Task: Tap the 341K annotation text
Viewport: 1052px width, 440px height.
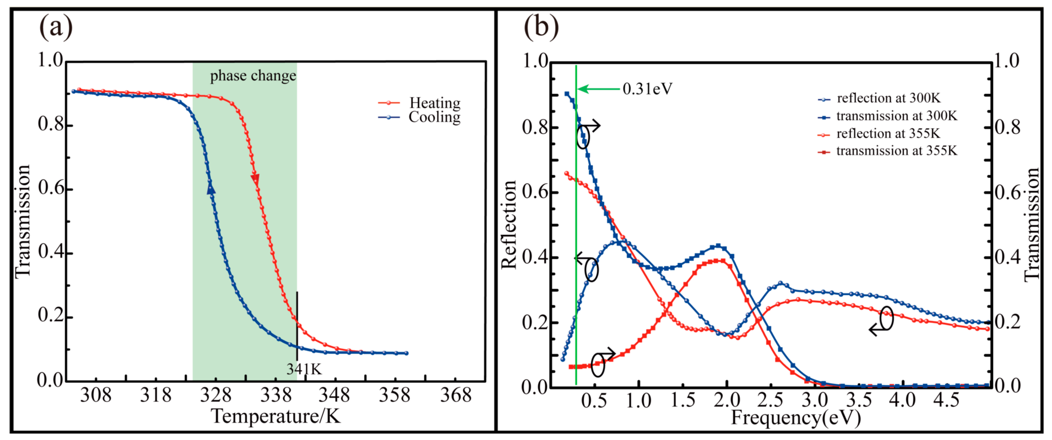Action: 304,369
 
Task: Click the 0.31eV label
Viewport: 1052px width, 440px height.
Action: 647,89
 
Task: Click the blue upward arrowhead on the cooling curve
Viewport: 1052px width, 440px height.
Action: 211,188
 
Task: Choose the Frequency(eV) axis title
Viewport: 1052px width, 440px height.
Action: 796,418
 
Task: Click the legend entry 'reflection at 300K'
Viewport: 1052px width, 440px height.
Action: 888,98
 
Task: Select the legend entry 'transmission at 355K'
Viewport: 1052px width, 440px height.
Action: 896,151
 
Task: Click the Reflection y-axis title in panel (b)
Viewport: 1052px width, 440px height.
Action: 509,225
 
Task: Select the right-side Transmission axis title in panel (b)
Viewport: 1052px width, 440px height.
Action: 1032,225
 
